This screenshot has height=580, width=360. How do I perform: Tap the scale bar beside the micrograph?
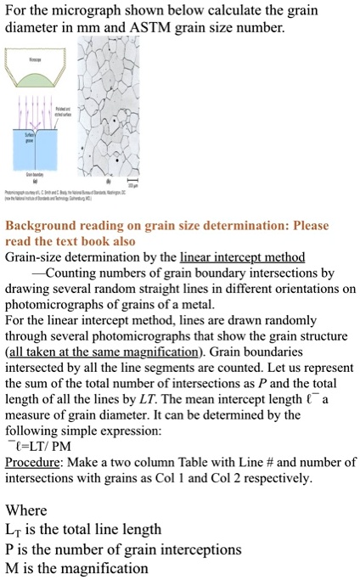130,182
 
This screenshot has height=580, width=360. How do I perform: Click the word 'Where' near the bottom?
26,510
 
